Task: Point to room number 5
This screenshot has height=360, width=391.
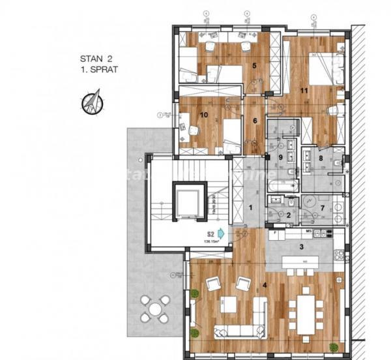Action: click(x=255, y=65)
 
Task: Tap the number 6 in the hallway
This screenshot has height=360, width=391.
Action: click(x=255, y=120)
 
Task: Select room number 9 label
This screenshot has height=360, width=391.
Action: click(x=281, y=157)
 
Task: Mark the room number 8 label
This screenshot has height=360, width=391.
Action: click(x=321, y=157)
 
